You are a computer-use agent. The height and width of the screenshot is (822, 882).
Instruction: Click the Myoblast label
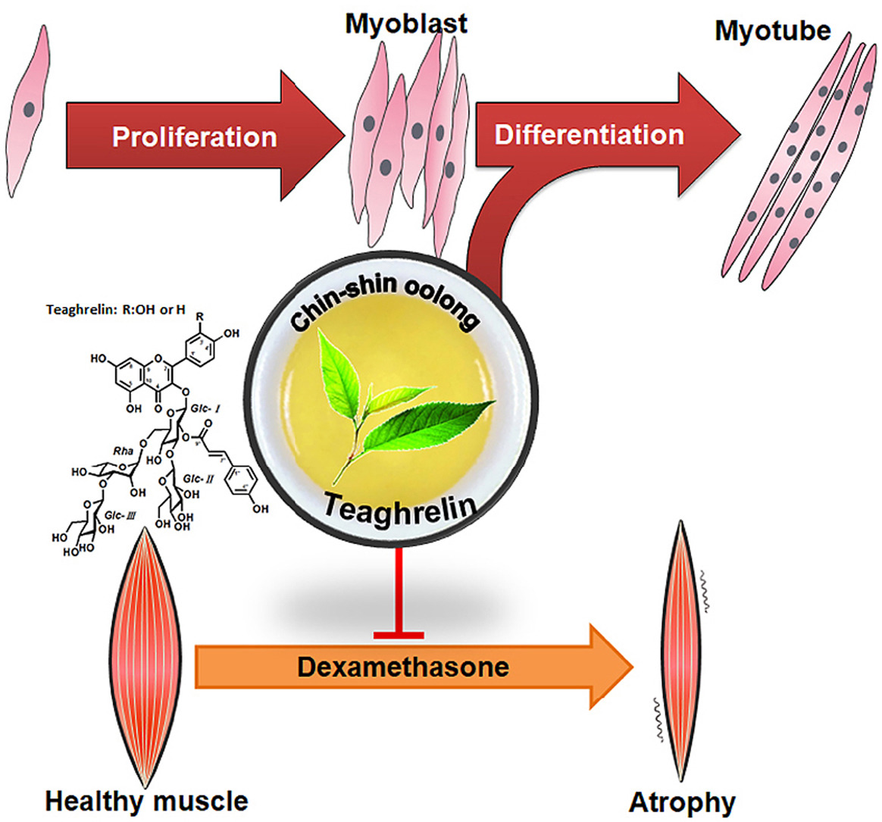pyautogui.click(x=406, y=23)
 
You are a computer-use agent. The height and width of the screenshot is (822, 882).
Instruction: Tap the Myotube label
pyautogui.click(x=773, y=30)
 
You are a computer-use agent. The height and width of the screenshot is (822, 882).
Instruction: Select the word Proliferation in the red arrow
pyautogui.click(x=194, y=137)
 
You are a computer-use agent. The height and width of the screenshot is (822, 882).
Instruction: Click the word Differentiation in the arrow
pyautogui.click(x=589, y=135)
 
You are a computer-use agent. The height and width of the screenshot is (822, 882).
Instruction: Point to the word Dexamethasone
pyautogui.click(x=402, y=667)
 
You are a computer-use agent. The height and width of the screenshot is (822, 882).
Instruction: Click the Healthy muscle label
pyautogui.click(x=146, y=801)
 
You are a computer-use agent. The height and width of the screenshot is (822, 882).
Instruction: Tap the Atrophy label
pyautogui.click(x=682, y=802)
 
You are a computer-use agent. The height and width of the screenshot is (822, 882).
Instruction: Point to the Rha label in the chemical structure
pyautogui.click(x=124, y=452)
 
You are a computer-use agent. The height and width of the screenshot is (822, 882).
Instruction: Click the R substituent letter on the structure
pyautogui.click(x=200, y=316)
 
